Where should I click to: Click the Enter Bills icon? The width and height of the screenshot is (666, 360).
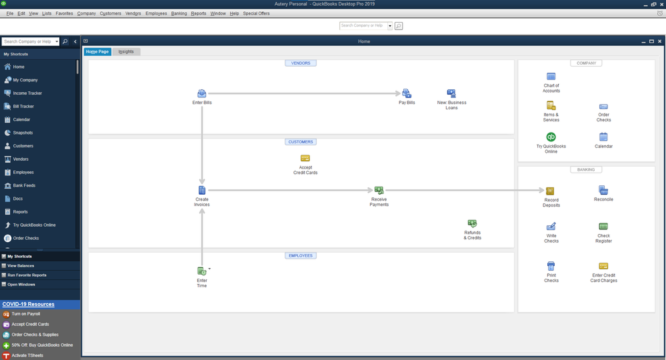[x=202, y=93]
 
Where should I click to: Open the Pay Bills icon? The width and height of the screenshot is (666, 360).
[x=407, y=93]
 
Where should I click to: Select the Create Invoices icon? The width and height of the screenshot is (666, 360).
[x=202, y=190]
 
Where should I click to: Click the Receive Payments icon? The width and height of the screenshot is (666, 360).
[x=379, y=190]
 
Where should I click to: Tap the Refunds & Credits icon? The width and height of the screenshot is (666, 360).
[x=472, y=224]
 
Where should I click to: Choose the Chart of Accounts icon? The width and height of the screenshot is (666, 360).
[x=551, y=77]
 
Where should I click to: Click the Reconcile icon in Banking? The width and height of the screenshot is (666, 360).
[x=603, y=190]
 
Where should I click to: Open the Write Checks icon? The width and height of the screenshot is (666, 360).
[x=551, y=226]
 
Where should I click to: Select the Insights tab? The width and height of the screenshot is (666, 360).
[x=126, y=52]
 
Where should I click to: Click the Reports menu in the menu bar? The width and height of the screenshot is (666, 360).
[x=199, y=13]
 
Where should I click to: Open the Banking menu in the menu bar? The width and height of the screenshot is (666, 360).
[x=179, y=13]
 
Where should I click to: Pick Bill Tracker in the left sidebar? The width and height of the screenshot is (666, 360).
[x=23, y=107]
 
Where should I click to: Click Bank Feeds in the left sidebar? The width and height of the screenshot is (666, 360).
[x=24, y=185]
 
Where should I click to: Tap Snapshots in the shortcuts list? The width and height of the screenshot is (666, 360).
[x=23, y=133]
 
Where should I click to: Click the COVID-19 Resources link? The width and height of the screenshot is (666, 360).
[x=29, y=305]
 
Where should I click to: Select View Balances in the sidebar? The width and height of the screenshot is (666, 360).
[x=21, y=266]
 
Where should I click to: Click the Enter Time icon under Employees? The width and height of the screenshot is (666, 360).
[x=202, y=271]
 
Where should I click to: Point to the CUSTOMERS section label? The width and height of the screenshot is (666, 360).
[x=301, y=142]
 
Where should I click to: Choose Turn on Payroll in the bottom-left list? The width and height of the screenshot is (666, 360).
[x=26, y=314]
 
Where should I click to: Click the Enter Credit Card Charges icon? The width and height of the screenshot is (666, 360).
[x=603, y=266]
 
